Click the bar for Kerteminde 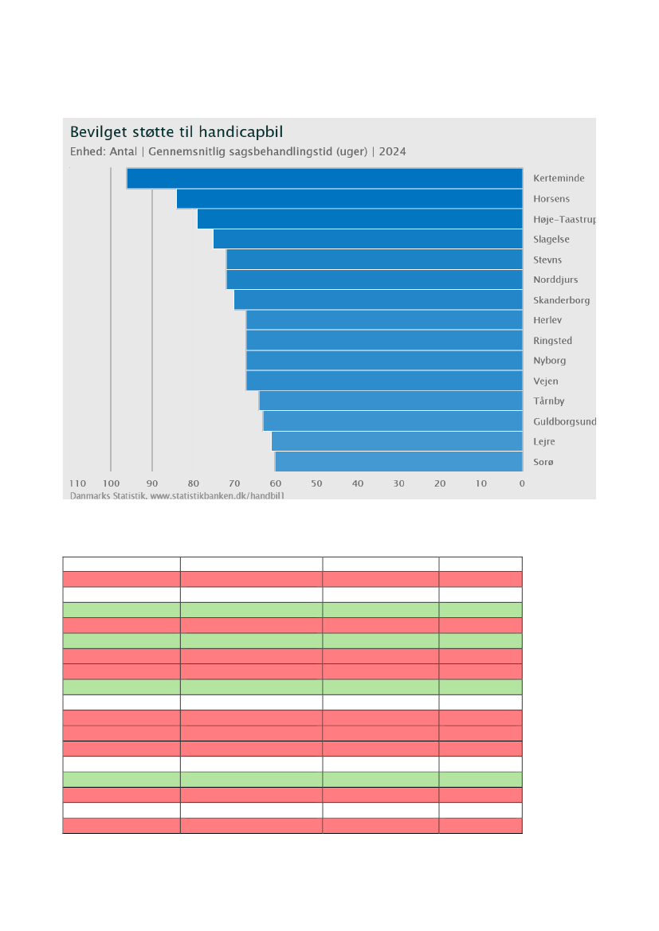click(324, 178)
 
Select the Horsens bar click(349, 198)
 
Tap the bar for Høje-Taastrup click(359, 219)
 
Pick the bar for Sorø click(398, 462)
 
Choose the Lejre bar click(397, 441)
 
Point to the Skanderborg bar click(378, 300)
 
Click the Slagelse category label click(551, 240)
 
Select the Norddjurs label click(555, 280)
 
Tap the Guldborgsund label click(564, 421)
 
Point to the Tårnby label click(549, 401)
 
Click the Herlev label click(547, 320)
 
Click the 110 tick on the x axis click(77, 483)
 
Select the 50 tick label click(316, 483)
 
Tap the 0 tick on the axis click(522, 483)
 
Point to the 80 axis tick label click(193, 483)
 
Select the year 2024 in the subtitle click(392, 152)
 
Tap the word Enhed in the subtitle click(87, 152)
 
